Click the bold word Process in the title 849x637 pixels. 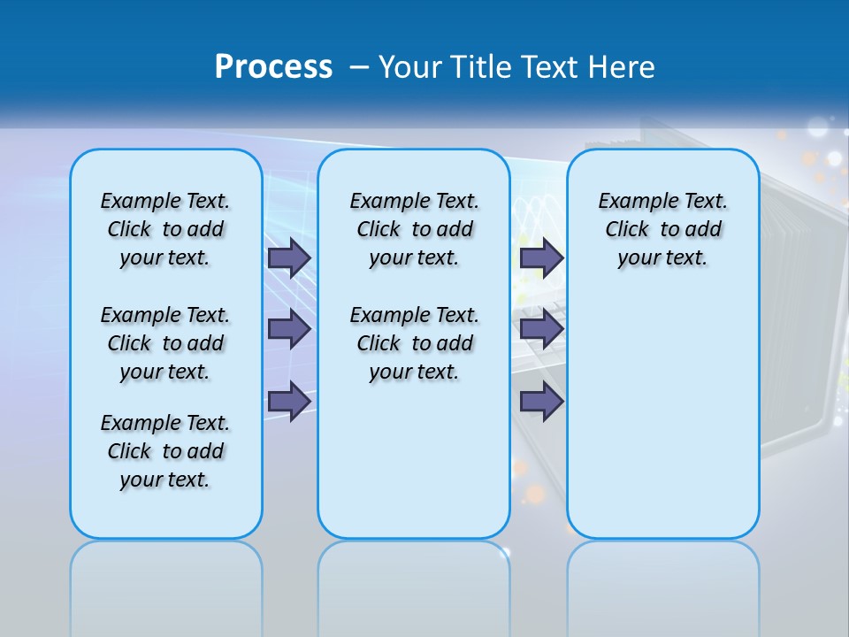(x=273, y=67)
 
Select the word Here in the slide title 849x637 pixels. (x=622, y=67)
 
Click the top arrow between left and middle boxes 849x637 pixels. (x=289, y=257)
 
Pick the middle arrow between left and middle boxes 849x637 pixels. (x=289, y=329)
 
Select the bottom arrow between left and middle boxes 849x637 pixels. (x=289, y=401)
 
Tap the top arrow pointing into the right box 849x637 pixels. (x=541, y=257)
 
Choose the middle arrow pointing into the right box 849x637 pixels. (x=541, y=329)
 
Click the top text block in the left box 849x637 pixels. (x=165, y=229)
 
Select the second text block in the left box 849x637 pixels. (x=165, y=343)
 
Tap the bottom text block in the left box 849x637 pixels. (x=165, y=451)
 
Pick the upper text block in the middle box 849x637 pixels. (x=414, y=229)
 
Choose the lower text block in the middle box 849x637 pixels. (x=414, y=343)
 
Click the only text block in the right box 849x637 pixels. (x=662, y=229)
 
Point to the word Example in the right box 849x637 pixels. (x=630, y=202)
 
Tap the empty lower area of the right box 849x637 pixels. (x=662, y=416)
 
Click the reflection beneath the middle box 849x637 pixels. (x=414, y=584)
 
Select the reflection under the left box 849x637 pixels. (x=165, y=584)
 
